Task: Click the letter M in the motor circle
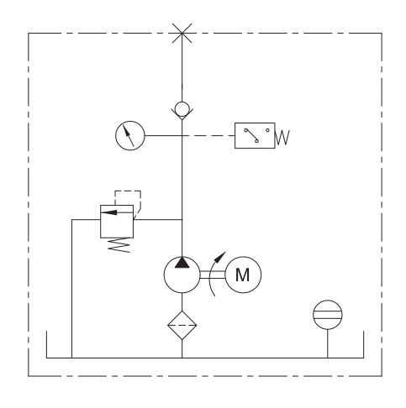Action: (242, 275)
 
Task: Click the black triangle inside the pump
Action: (182, 263)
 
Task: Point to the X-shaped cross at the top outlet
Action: (182, 34)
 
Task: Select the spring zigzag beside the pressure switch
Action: (282, 138)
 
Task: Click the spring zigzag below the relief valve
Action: (119, 245)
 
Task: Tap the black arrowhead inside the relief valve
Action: (108, 212)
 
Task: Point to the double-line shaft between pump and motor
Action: (213, 275)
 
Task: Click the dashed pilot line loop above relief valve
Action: (128, 191)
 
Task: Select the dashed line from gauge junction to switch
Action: (208, 136)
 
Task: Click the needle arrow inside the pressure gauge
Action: (129, 136)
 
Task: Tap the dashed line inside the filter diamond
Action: (182, 325)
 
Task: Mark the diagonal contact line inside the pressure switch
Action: (251, 135)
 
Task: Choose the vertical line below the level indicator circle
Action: (328, 343)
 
